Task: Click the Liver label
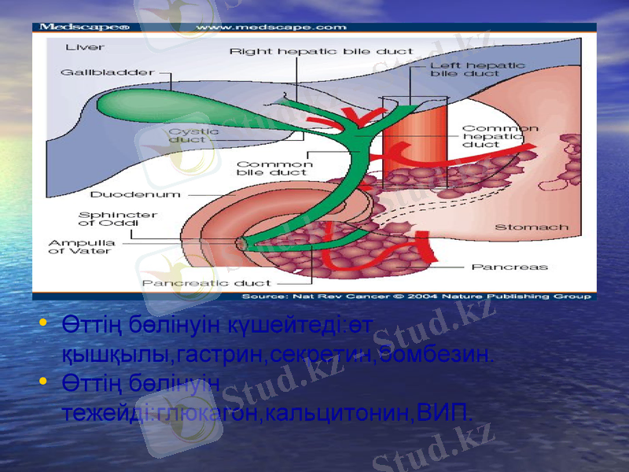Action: coord(84,46)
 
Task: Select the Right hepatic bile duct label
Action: coord(322,51)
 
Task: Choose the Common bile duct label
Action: coord(274,168)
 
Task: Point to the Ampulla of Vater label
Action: coord(82,247)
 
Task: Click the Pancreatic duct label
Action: coord(206,282)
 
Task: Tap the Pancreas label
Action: coord(509,267)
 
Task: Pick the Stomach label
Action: coord(531,227)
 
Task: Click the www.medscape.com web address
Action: coord(270,28)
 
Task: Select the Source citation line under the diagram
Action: coord(415,296)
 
